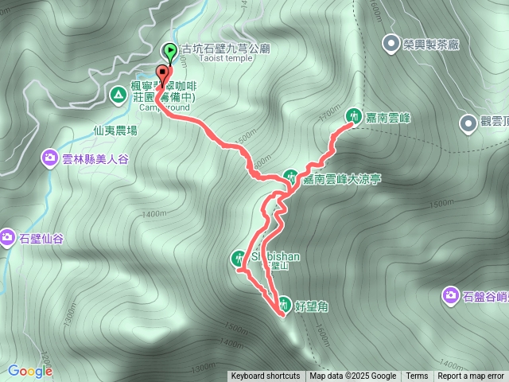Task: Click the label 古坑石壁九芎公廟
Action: tap(226, 49)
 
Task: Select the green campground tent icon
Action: tap(119, 95)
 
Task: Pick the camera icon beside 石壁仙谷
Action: tap(7, 237)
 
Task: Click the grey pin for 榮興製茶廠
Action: tap(390, 44)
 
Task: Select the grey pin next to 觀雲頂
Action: tap(468, 123)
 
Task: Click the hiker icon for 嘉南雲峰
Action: tap(352, 116)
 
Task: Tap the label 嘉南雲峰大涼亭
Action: tap(341, 180)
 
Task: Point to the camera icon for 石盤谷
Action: tap(451, 297)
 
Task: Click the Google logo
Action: tap(29, 371)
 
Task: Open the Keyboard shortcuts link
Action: tap(266, 376)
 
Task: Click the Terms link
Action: tap(416, 376)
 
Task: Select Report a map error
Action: tap(471, 376)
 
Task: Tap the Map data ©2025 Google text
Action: tap(352, 376)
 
